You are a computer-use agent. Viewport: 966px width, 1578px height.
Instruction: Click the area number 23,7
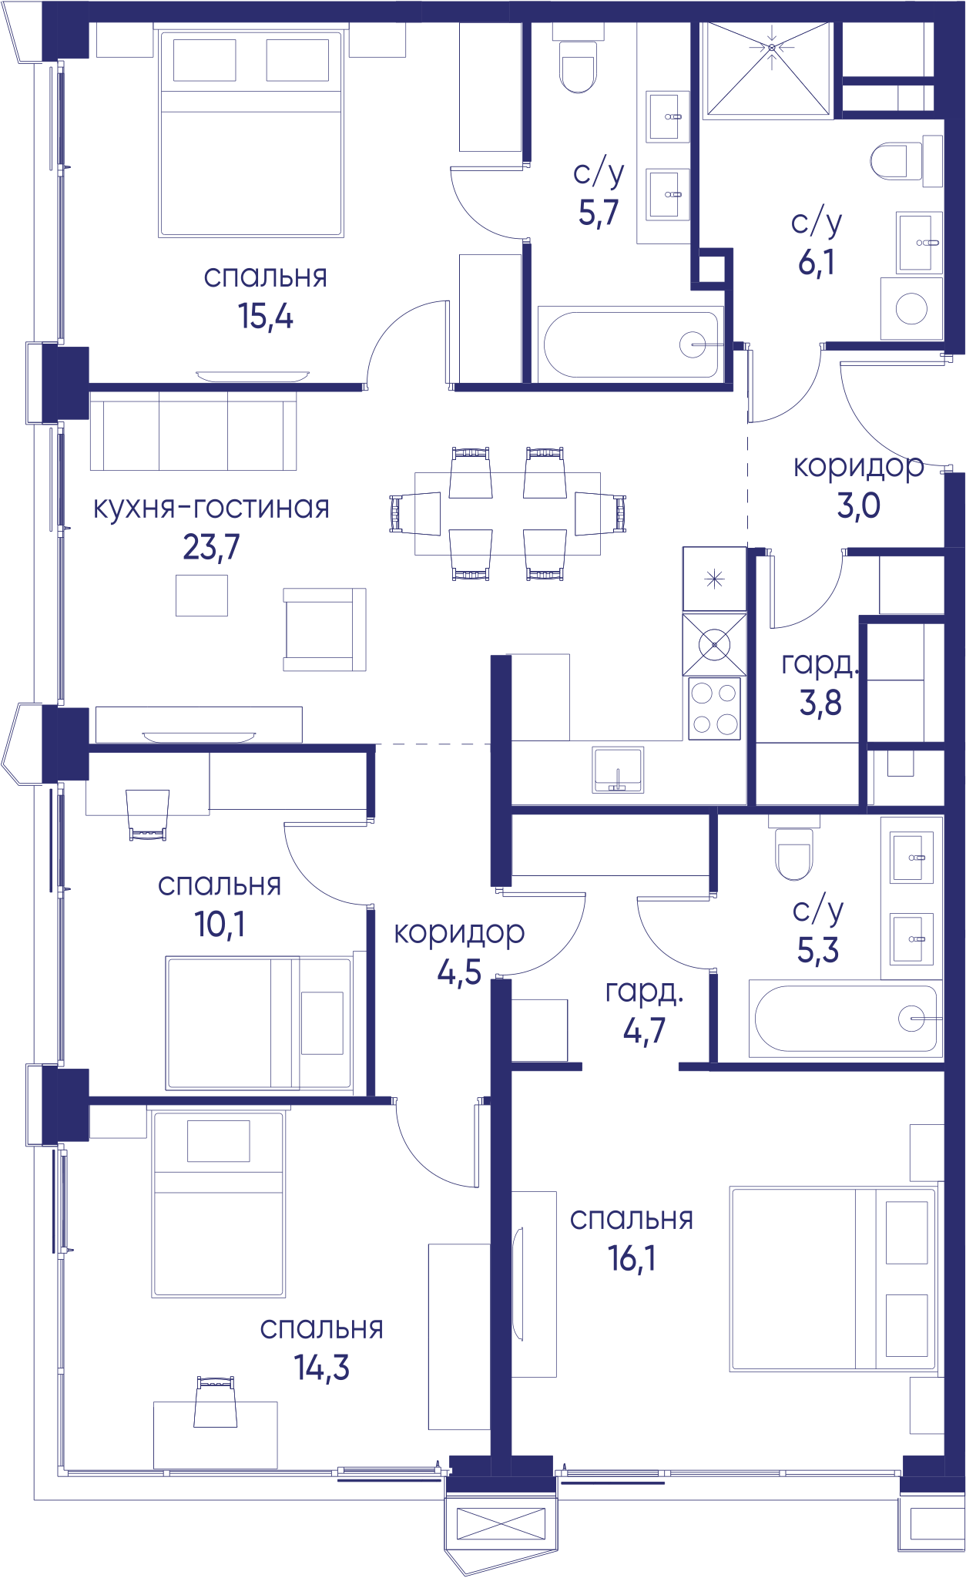coord(211,547)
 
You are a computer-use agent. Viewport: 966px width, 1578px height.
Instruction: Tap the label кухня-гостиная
coord(211,508)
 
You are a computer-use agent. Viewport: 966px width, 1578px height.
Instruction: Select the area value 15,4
coord(265,316)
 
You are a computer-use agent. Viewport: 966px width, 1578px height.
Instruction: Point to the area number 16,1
coord(632,1258)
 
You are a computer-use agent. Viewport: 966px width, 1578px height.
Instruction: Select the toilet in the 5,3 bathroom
coord(794,854)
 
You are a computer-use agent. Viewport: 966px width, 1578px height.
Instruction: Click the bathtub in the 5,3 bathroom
coord(845,1019)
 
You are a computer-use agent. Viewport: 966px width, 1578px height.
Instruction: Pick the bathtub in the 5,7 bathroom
coord(631,344)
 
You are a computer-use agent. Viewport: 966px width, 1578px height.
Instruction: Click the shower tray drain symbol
coord(772,48)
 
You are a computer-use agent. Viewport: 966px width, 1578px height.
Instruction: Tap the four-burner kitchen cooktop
coord(714,708)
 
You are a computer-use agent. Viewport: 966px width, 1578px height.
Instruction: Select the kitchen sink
coord(618,770)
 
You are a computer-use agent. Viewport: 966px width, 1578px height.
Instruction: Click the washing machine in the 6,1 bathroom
coord(911,308)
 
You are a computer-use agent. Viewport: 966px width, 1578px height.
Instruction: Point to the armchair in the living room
coord(324,630)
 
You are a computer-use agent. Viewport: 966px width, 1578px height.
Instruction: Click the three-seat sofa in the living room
coord(193,431)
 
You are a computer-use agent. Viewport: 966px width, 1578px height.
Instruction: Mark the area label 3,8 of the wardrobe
coord(820,703)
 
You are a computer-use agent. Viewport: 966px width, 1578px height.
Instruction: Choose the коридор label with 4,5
coord(459,934)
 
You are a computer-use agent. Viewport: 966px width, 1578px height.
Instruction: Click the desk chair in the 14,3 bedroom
coord(216,1402)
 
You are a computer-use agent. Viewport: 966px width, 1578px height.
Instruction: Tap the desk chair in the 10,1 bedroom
coord(148,814)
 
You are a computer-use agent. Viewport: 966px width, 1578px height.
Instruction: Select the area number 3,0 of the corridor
coord(858,506)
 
